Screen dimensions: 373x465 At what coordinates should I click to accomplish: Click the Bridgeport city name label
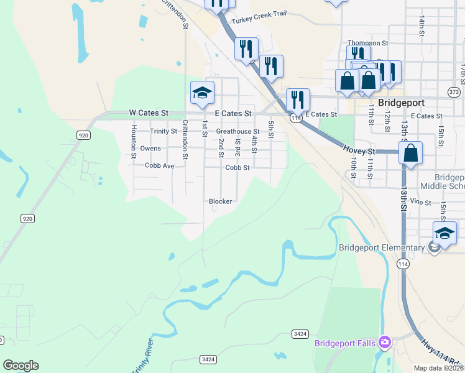[401, 103]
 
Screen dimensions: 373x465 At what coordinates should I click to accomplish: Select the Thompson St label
[367, 43]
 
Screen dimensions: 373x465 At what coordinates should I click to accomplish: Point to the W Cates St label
[149, 113]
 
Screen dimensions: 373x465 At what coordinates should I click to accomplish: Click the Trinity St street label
[163, 131]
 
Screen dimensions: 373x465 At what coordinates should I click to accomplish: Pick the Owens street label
[150, 149]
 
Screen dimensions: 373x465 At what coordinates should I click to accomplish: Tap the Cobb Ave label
[159, 166]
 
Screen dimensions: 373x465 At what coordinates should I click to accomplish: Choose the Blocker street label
[220, 201]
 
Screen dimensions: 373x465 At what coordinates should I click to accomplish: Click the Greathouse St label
[237, 131]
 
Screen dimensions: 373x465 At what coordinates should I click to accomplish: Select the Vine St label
[420, 202]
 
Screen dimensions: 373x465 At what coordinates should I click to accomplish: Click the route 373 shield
[454, 92]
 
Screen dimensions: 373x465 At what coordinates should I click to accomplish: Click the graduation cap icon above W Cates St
[202, 93]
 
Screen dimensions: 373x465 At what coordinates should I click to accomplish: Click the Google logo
[21, 366]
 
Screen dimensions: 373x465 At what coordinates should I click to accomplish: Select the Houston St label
[133, 141]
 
